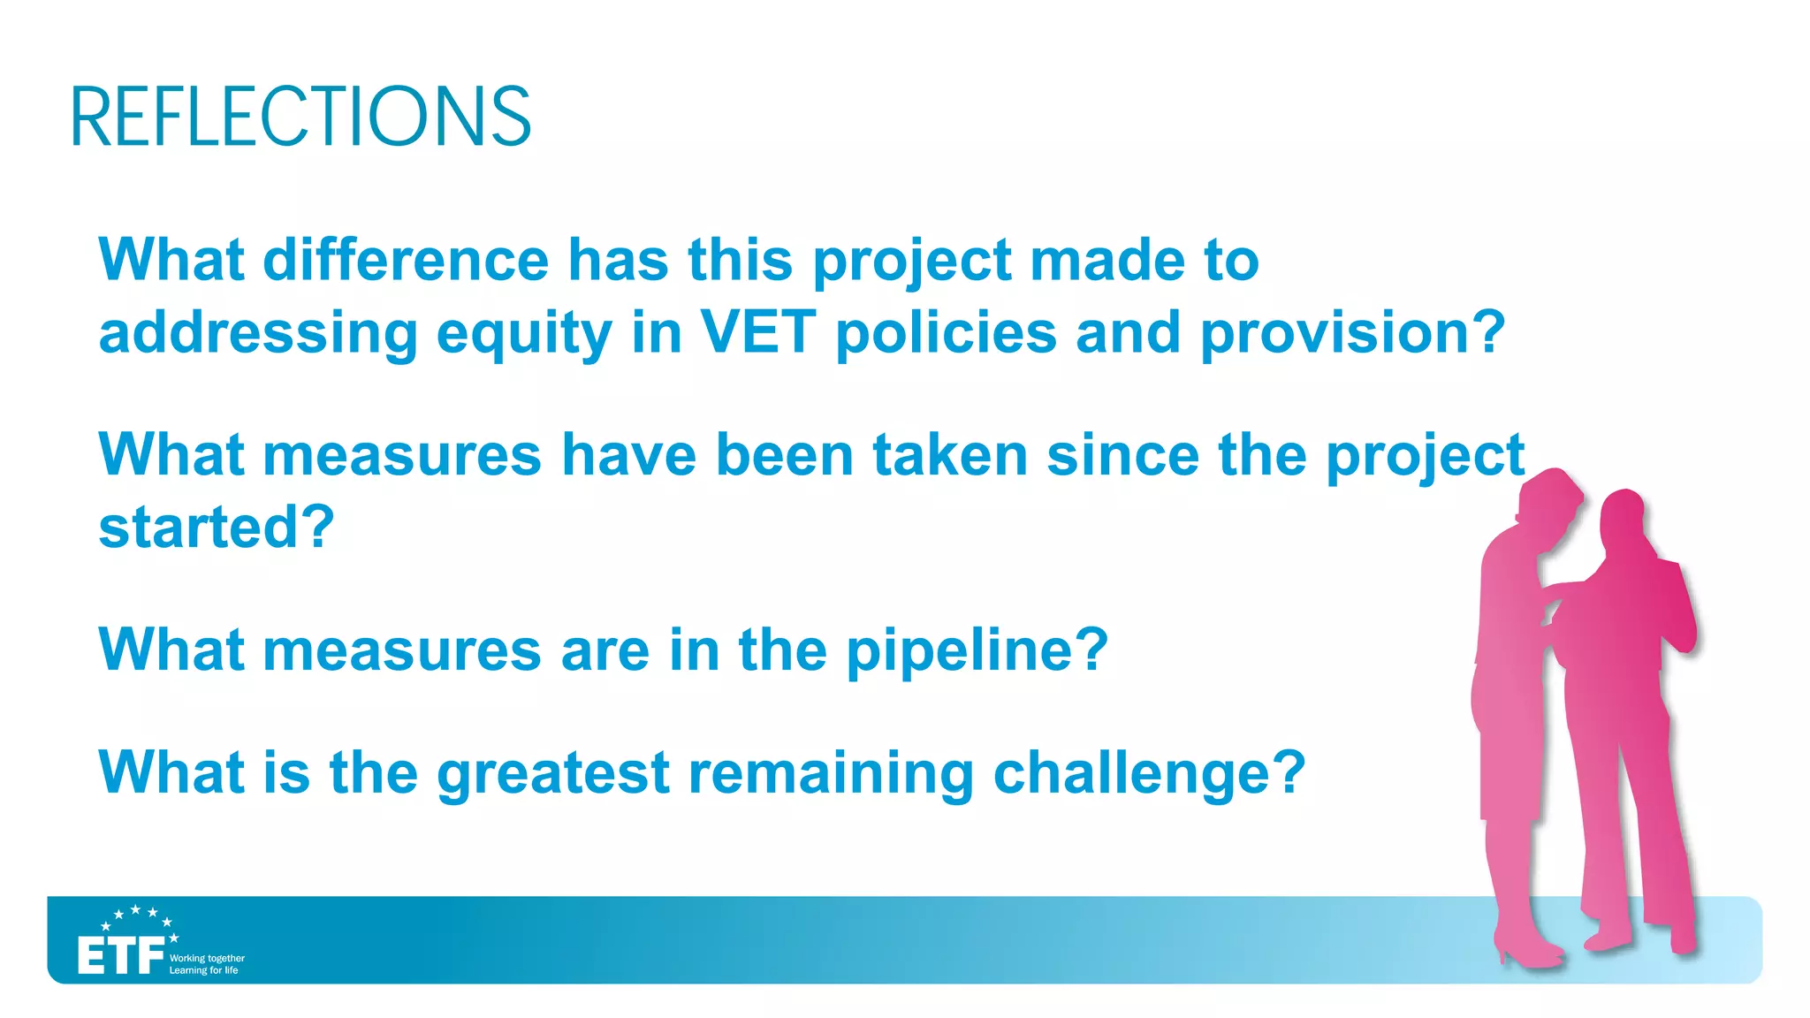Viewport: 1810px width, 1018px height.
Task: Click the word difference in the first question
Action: pyautogui.click(x=406, y=260)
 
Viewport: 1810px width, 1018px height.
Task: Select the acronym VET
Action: pyautogui.click(x=757, y=332)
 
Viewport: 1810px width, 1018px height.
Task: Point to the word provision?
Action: pyautogui.click(x=1352, y=333)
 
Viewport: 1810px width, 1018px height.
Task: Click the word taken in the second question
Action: pyautogui.click(x=950, y=455)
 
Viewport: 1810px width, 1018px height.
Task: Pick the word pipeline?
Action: pyautogui.click(x=977, y=651)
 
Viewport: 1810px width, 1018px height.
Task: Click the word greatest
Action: pyautogui.click(x=553, y=773)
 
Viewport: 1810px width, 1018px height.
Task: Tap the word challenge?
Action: pyautogui.click(x=1149, y=773)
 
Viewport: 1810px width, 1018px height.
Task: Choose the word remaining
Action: pyautogui.click(x=831, y=773)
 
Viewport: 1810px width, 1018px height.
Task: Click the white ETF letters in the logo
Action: pyautogui.click(x=120, y=956)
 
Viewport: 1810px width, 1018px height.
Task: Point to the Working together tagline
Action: pyautogui.click(x=207, y=958)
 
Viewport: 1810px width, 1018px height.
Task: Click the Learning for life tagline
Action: pyautogui.click(x=203, y=970)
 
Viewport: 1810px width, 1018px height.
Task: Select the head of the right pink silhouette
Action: pyautogui.click(x=1622, y=517)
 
